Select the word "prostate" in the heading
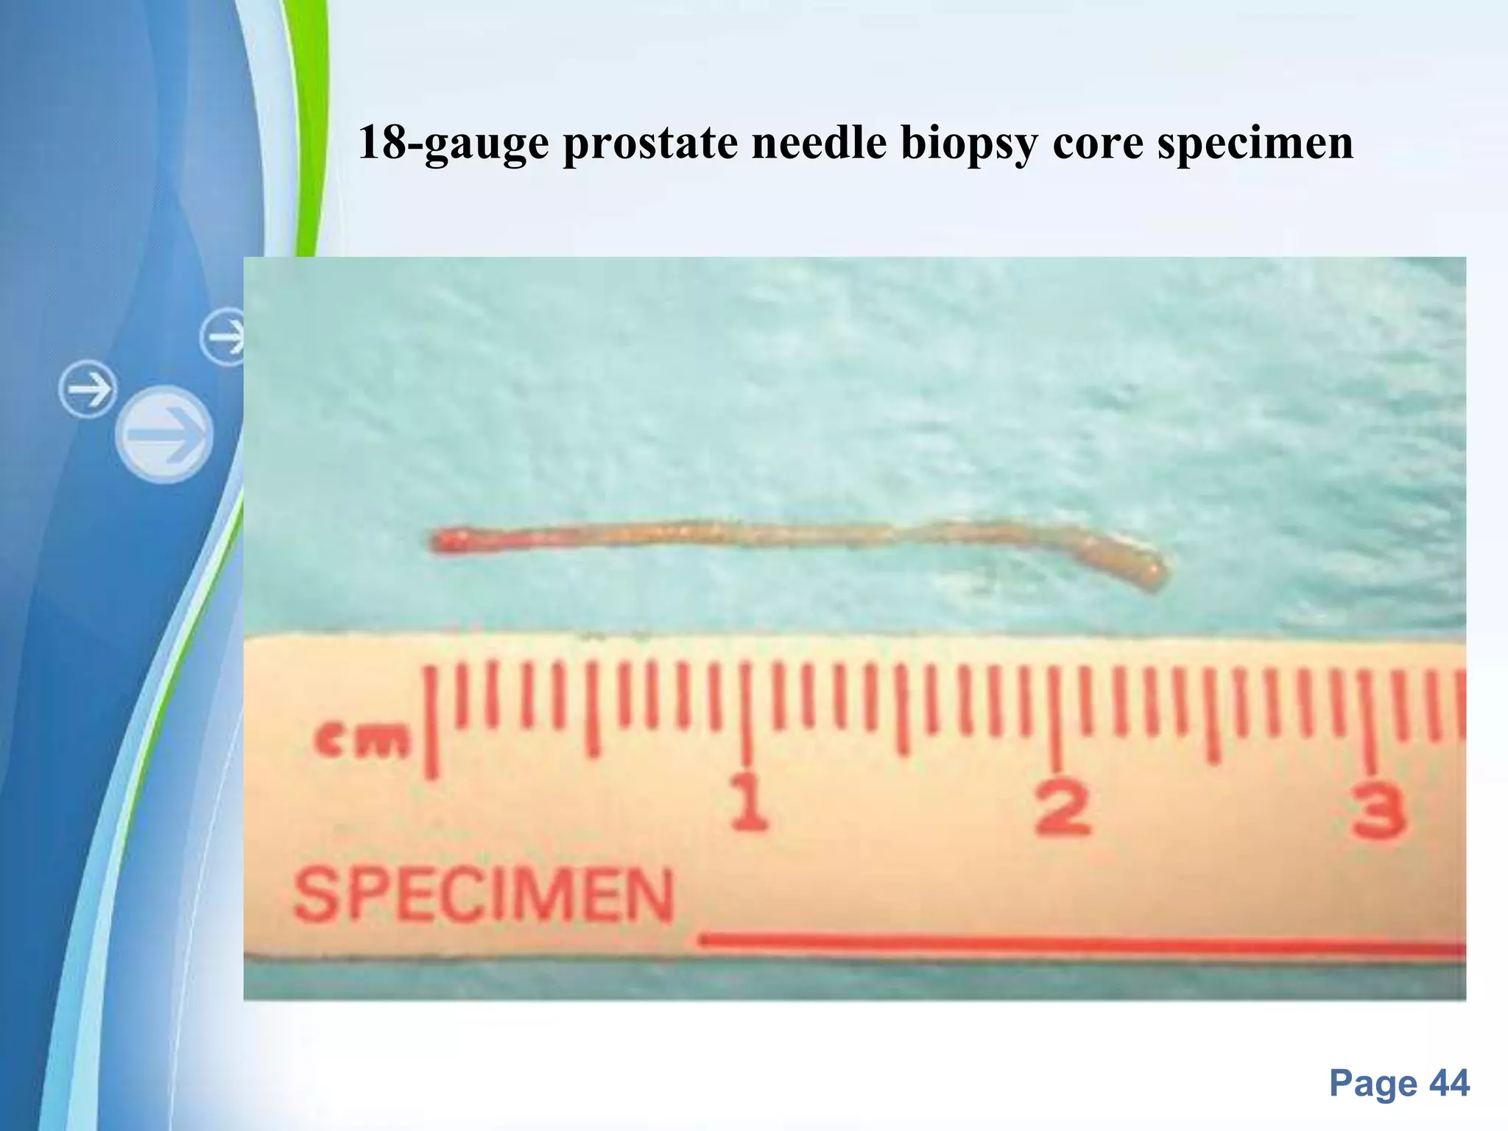point(650,143)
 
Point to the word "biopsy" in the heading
point(969,144)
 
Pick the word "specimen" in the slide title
point(1255,144)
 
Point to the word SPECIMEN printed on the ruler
point(483,895)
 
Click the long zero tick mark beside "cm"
point(431,722)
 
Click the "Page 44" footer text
point(1398,1084)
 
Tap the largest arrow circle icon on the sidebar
point(164,434)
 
